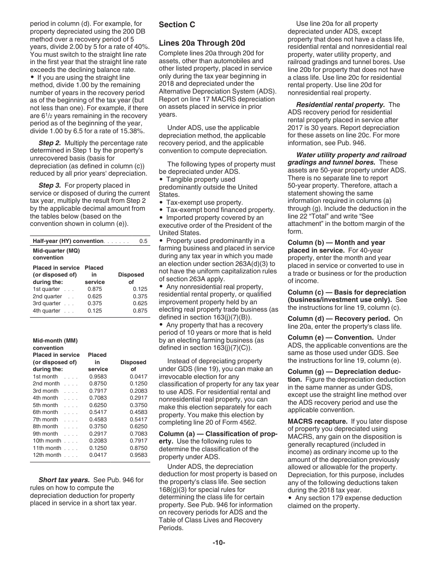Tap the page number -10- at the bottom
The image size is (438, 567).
[219, 543]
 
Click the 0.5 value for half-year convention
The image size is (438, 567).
[143, 241]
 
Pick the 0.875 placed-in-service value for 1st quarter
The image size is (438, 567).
[94, 289]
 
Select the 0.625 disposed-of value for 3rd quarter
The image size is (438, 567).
[140, 303]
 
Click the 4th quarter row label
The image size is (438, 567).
[47, 311]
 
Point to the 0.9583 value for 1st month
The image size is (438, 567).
[97, 377]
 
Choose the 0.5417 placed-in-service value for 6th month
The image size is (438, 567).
[97, 412]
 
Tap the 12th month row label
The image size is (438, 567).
[47, 455]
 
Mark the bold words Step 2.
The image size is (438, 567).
[50, 143]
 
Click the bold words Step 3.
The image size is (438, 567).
[50, 185]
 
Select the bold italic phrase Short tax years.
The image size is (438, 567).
[64, 480]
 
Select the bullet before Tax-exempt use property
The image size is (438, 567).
[161, 202]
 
